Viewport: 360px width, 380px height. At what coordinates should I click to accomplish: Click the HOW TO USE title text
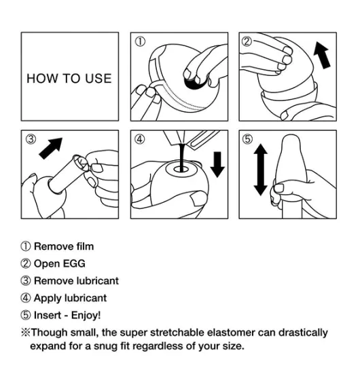[69, 79]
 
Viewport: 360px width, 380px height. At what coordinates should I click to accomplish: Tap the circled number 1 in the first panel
[140, 41]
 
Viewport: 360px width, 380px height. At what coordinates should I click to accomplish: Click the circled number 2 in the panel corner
[247, 41]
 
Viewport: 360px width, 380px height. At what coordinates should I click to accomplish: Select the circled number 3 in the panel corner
[31, 139]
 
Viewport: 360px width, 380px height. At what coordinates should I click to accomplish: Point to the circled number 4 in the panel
[140, 139]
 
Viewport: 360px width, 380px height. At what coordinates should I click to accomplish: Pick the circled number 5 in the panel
[247, 139]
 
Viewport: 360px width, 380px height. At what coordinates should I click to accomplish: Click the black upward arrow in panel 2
[322, 55]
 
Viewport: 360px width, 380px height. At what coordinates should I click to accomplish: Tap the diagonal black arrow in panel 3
[51, 149]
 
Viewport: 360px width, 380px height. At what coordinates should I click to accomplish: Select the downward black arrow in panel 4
[217, 164]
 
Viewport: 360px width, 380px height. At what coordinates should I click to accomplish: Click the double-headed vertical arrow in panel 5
[261, 170]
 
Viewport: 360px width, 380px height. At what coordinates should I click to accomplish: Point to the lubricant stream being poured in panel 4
[181, 157]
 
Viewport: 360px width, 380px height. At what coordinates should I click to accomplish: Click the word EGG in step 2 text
[75, 264]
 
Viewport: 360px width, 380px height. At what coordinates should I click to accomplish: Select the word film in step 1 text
[85, 246]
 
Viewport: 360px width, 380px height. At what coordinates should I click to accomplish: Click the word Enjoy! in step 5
[86, 316]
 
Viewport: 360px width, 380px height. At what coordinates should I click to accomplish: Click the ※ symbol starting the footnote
[26, 332]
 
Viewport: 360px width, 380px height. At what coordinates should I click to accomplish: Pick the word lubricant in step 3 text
[98, 281]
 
